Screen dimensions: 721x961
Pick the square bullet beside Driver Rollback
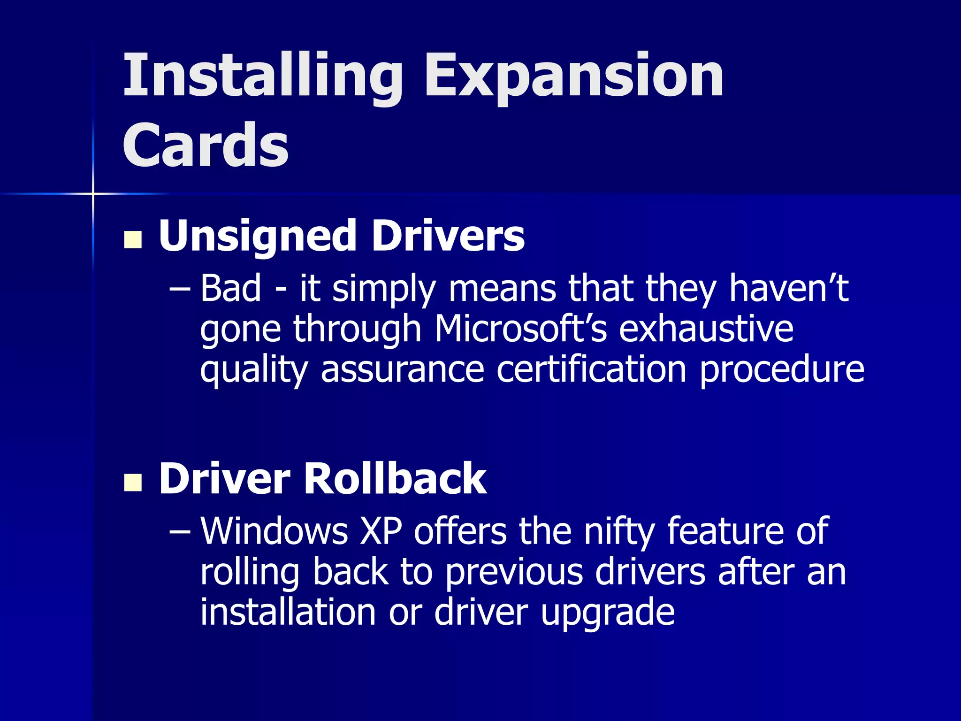click(133, 482)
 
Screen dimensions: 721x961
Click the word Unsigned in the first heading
click(258, 236)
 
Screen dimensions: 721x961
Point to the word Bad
click(230, 288)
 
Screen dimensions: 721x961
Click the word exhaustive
click(706, 329)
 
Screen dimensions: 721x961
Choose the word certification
click(592, 369)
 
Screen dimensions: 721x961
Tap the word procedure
click(782, 369)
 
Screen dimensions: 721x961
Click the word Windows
click(275, 531)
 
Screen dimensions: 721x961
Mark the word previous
click(514, 572)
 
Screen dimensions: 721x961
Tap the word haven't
click(788, 288)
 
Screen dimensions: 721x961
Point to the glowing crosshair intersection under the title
click(93, 193)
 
